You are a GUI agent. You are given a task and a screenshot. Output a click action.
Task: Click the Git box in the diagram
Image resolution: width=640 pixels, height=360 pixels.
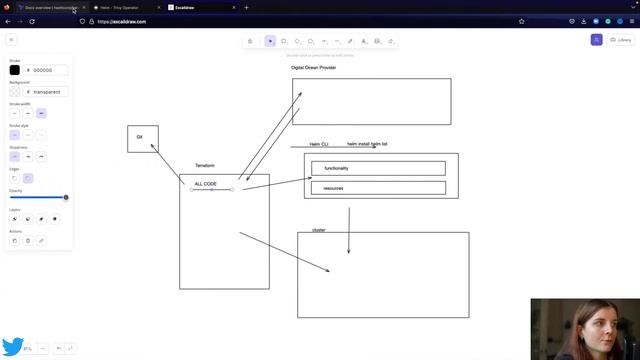(142, 138)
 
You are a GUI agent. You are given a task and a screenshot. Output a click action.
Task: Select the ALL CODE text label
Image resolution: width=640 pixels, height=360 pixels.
(205, 184)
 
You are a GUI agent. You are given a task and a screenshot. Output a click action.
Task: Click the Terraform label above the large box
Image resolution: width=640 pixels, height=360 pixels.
(204, 165)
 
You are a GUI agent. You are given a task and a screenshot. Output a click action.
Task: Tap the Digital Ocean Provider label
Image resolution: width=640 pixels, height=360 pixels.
(313, 68)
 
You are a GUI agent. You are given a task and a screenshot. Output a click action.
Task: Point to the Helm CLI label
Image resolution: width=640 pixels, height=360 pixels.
(319, 144)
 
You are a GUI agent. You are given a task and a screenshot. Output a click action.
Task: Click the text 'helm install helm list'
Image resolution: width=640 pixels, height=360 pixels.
(367, 144)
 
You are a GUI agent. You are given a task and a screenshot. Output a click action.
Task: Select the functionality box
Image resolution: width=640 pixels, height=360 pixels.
(378, 168)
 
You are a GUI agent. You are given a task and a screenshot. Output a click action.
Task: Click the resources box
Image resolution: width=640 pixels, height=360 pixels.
(378, 187)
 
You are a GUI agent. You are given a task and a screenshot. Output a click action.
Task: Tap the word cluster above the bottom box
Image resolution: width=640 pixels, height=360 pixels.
(319, 230)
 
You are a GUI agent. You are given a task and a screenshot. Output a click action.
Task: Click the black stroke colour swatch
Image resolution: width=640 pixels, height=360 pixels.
(15, 70)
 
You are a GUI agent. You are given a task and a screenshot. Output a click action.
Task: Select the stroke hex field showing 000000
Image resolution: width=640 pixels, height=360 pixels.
(47, 70)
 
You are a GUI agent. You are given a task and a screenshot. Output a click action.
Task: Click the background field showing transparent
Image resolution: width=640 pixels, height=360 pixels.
(47, 92)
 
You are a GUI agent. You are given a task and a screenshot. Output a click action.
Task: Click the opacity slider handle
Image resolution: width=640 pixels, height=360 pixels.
(66, 197)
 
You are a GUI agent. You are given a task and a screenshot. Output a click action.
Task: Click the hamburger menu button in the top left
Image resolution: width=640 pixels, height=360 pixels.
(11, 40)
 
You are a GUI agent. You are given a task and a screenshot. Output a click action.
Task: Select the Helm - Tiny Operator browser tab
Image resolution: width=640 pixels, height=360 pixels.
(124, 7)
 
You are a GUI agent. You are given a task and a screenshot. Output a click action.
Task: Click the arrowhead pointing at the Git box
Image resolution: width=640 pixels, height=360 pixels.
(152, 145)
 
